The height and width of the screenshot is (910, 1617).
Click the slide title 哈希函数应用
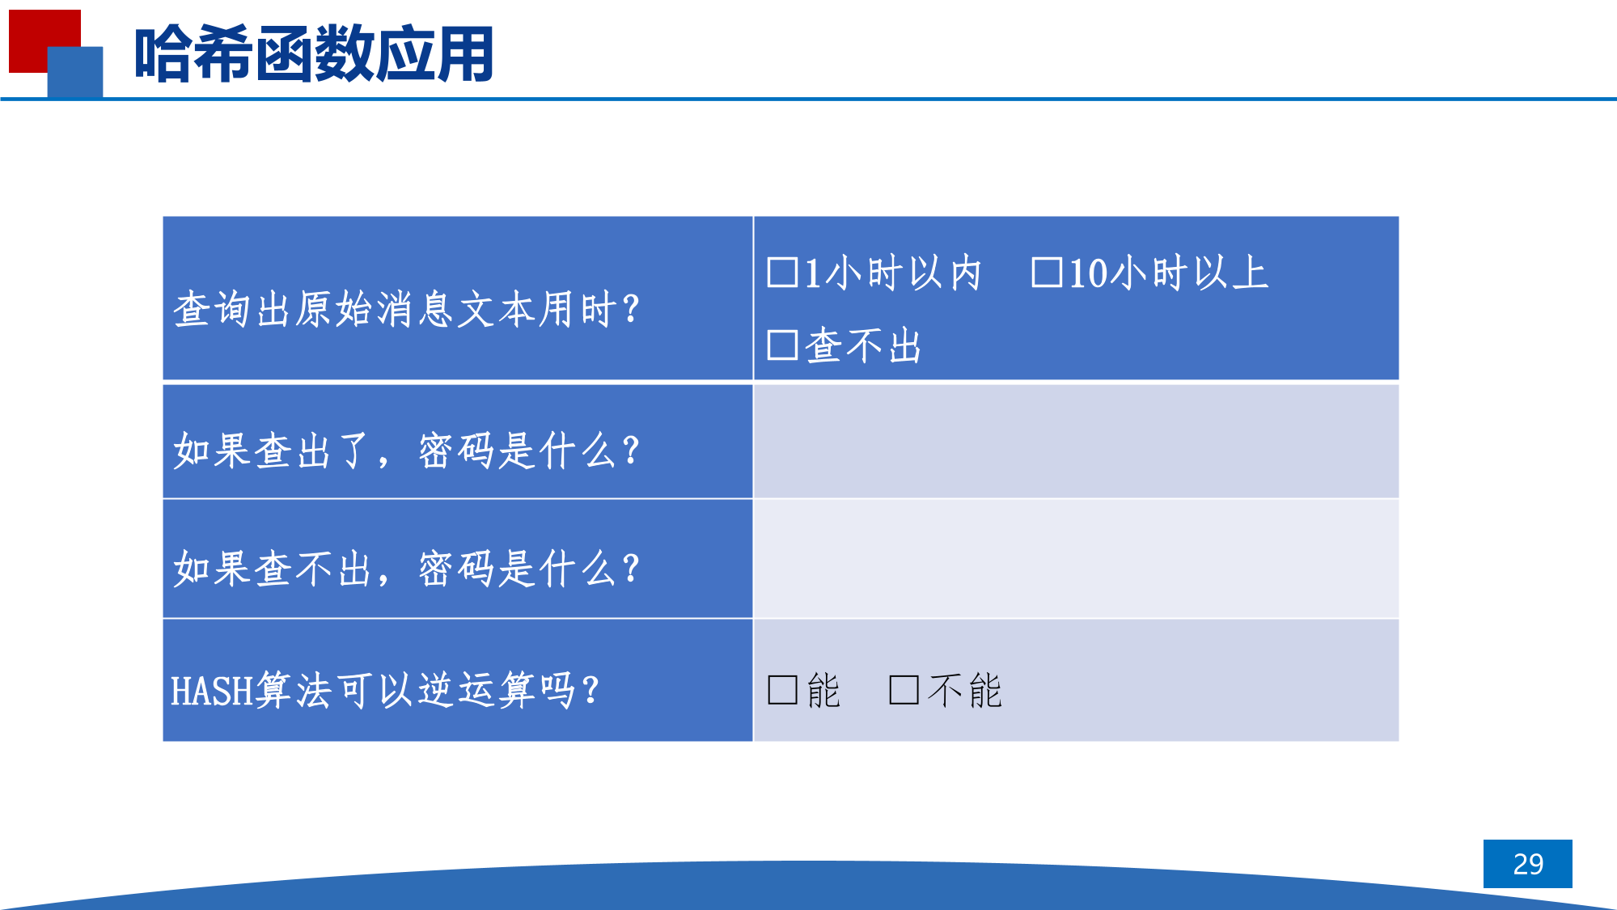click(x=314, y=54)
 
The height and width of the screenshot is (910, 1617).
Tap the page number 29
click(x=1528, y=864)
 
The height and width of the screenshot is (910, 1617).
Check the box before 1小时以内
click(x=782, y=273)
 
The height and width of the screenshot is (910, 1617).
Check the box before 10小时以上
click(x=1047, y=273)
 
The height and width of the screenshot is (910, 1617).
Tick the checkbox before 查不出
click(x=782, y=345)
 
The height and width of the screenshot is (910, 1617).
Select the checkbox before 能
click(x=782, y=690)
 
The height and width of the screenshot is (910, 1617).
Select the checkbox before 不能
click(x=904, y=690)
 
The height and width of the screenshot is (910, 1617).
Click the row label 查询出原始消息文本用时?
click(x=407, y=309)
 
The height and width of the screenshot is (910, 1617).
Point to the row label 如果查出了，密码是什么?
click(x=407, y=451)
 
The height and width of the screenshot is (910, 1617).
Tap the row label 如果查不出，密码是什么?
click(x=407, y=568)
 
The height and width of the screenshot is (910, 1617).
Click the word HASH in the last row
click(x=211, y=692)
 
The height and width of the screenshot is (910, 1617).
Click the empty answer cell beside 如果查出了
click(x=1076, y=442)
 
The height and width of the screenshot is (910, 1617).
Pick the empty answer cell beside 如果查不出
click(x=1076, y=559)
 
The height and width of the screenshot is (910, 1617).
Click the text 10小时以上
click(x=1169, y=273)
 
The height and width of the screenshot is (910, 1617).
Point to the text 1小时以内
click(x=893, y=273)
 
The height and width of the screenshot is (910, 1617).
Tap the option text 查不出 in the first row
click(x=863, y=345)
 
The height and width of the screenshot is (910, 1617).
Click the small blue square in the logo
click(x=75, y=72)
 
